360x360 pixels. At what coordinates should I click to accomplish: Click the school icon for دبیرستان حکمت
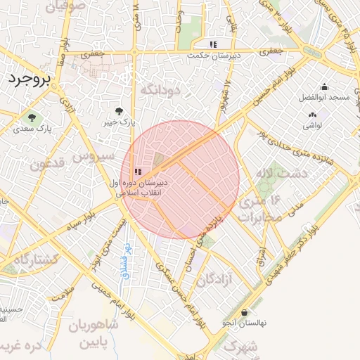214,44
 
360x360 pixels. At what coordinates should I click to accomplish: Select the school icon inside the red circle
138,172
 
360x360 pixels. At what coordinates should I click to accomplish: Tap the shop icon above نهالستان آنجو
244,312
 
